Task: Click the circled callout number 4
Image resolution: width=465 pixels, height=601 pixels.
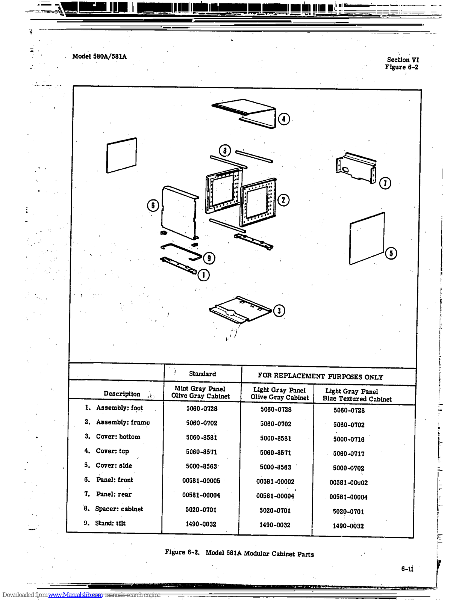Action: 284,119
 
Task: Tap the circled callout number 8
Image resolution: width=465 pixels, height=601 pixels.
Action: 225,151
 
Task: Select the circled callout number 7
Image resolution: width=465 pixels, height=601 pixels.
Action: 385,183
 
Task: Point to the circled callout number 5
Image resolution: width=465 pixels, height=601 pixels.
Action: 391,253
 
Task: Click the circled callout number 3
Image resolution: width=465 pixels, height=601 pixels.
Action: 279,311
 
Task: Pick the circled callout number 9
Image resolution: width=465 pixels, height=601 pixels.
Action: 209,258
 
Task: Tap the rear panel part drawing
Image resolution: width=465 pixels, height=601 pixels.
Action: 355,168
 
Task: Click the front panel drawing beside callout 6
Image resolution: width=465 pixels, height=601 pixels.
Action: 179,212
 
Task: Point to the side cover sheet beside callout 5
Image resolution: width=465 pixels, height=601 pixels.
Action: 366,239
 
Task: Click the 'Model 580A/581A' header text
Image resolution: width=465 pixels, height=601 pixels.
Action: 99,56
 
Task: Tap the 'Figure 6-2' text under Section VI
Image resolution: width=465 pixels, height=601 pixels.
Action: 401,67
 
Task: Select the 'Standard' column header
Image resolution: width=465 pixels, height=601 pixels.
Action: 202,374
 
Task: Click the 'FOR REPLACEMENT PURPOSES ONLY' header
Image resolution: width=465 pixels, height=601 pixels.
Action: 320,376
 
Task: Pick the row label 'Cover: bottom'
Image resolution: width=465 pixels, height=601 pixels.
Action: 118,436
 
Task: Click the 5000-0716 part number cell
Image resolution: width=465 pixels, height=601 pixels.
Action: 348,439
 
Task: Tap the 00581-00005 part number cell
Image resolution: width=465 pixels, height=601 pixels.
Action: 201,480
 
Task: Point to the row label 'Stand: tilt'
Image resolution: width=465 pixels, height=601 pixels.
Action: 110,523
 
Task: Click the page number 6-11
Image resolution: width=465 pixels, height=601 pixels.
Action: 407,569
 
